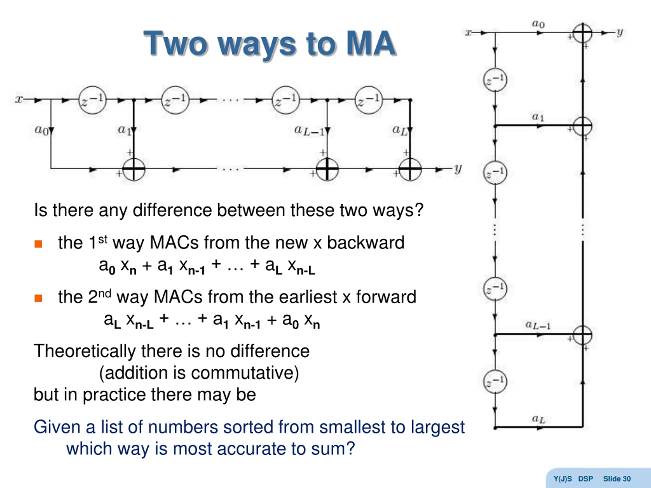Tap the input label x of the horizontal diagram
(19, 99)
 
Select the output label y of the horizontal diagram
(458, 169)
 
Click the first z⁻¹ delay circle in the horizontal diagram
(92, 100)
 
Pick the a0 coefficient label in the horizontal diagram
(41, 129)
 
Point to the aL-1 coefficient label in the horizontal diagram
(309, 130)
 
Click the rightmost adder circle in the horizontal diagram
(410, 169)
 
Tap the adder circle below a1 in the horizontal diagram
(134, 169)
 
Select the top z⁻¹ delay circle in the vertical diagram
(495, 80)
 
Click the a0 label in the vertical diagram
(538, 24)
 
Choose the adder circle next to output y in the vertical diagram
(582, 33)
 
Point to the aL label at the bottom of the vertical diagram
(538, 419)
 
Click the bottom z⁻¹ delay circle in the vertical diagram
(495, 382)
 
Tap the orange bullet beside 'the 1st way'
(38, 244)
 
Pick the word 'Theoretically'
(84, 351)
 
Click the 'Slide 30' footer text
(617, 479)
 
